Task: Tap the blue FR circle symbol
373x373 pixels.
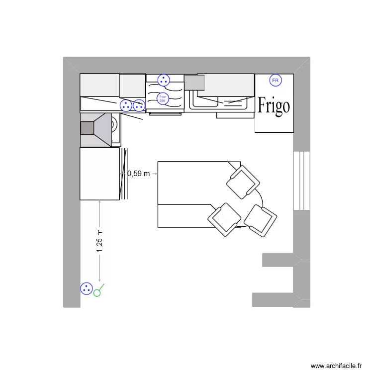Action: (275, 80)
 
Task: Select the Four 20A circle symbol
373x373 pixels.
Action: (162, 98)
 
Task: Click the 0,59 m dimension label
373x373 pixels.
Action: (138, 174)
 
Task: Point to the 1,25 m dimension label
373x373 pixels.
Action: (100, 240)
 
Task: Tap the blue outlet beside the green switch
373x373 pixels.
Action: (87, 288)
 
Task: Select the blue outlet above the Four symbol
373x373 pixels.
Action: (163, 80)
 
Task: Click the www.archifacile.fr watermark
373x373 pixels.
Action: (336, 366)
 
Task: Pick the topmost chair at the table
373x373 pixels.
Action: (243, 183)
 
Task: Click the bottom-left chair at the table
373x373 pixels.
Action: (224, 218)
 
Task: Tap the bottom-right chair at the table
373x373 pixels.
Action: (260, 219)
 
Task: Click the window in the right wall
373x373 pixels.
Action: (302, 180)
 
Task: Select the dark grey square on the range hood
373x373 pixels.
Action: (87, 128)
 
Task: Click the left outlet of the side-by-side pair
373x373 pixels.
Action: (126, 105)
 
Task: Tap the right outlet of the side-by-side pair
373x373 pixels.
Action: (139, 105)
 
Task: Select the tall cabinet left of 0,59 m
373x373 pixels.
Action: (99, 174)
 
